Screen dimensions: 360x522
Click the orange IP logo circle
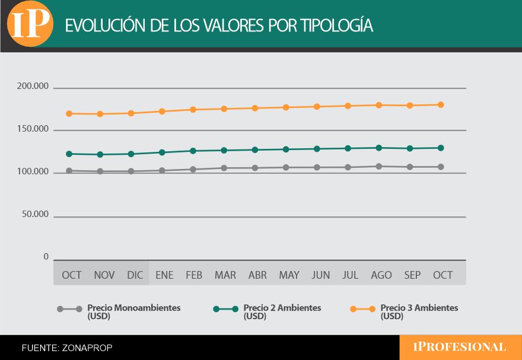tap(29, 24)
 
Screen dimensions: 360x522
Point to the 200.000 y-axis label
tap(33, 87)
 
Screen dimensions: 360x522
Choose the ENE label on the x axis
tap(164, 275)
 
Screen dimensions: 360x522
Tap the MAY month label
tap(289, 275)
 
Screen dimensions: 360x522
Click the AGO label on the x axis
tap(381, 275)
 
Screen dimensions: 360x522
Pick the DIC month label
tap(135, 275)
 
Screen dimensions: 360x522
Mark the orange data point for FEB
tap(193, 109)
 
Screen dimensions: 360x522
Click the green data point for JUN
tap(317, 149)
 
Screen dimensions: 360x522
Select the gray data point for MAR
tap(224, 168)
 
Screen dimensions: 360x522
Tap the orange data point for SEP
tap(410, 106)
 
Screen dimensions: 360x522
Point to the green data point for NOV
tap(100, 154)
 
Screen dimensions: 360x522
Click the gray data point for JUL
tap(348, 167)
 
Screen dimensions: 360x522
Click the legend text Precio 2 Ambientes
tap(282, 308)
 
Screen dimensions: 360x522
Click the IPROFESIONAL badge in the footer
tap(460, 348)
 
